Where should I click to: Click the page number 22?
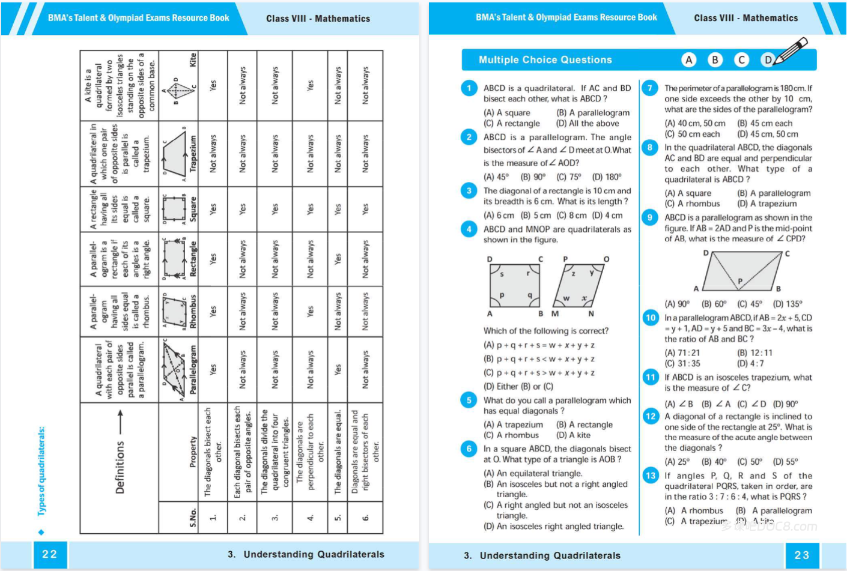50,554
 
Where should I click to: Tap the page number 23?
802,555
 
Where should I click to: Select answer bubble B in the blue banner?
715,59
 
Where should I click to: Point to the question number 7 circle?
649,88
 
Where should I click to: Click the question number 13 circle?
651,476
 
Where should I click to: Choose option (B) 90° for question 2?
533,177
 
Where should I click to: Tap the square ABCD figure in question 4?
514,285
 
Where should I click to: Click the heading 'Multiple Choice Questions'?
545,60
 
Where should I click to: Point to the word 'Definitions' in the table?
120,467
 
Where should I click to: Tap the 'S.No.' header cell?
193,517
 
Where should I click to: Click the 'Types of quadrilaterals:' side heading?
41,471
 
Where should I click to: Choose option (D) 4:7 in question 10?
750,364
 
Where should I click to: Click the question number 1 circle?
469,88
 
